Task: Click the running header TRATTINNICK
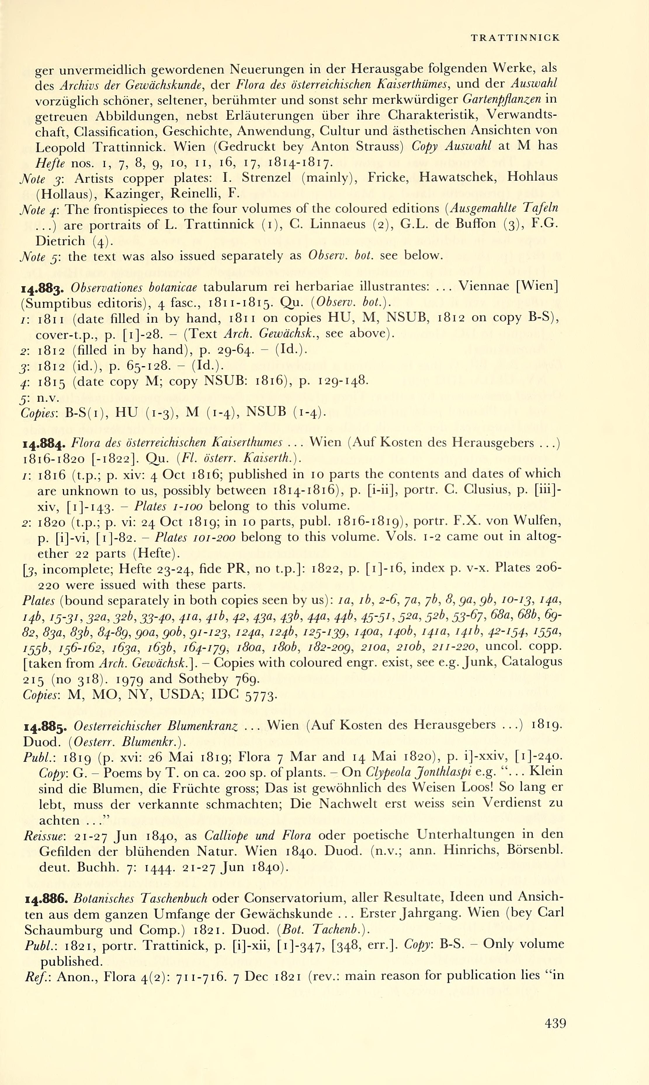click(x=515, y=38)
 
